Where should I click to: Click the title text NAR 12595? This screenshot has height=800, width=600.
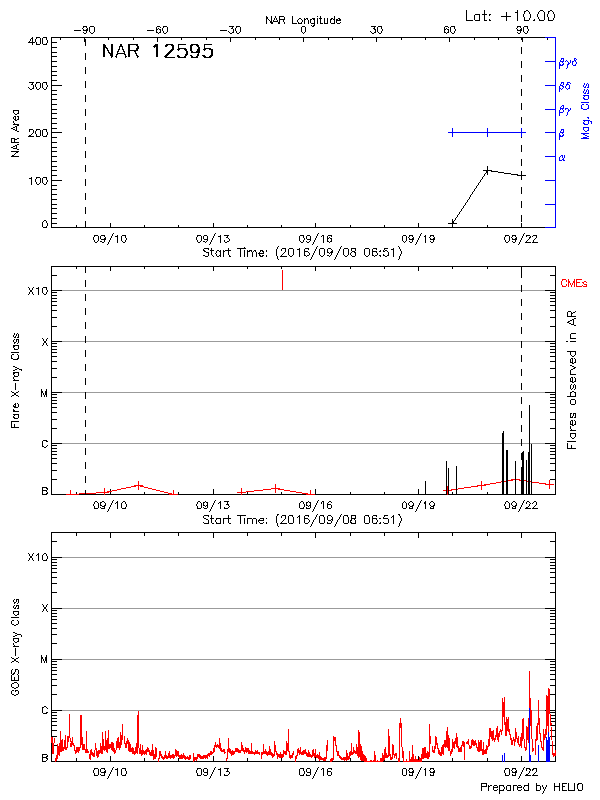157,53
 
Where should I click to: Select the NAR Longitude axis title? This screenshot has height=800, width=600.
303,20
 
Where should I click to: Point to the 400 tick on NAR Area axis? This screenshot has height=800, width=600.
38,42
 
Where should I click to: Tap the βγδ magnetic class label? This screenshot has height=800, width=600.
568,62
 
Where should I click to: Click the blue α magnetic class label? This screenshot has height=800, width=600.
562,157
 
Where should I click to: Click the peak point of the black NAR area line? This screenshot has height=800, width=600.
487,171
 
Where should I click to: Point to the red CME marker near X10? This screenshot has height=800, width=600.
282,280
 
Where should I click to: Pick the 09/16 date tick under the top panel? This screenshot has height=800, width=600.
315,239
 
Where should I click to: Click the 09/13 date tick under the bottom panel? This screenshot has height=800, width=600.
212,772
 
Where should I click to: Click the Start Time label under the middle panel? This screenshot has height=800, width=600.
302,519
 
